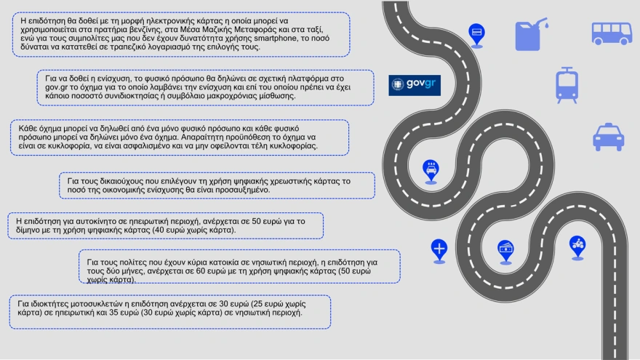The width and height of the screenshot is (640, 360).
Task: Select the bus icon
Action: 611,33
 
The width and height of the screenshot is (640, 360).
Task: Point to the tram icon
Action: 567,84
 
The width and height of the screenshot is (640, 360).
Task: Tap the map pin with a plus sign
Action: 439,249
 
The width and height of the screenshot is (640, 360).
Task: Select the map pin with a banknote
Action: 505,249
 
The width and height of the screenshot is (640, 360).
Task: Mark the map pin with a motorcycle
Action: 577,245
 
